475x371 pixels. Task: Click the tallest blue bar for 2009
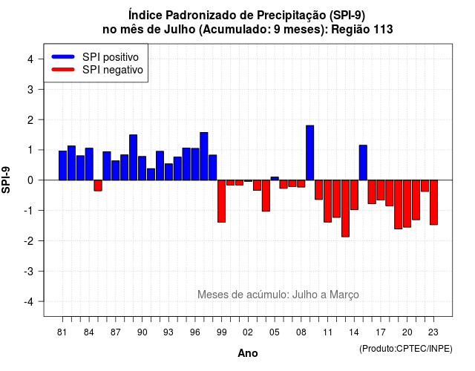coord(310,153)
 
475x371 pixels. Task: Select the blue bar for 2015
coord(363,162)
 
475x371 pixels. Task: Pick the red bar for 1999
coord(221,201)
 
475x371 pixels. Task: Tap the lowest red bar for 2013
coord(345,209)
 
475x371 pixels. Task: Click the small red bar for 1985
coord(98,185)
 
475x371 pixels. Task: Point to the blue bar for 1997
coord(204,157)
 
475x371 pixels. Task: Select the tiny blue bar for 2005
coord(275,178)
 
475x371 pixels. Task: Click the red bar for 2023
coord(433,203)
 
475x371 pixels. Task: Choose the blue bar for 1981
coord(62,165)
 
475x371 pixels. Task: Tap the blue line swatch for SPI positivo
coord(63,56)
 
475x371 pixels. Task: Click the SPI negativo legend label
coord(113,70)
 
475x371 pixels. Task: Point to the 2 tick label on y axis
coord(30,120)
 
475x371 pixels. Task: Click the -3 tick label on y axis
coord(29,272)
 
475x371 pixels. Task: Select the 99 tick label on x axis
coord(221,332)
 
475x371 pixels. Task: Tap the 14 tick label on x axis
coord(354,332)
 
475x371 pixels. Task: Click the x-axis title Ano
coord(248,353)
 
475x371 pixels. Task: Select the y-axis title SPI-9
coord(6,180)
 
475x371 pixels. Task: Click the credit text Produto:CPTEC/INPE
coord(406,349)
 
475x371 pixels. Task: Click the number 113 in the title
coord(383,30)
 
